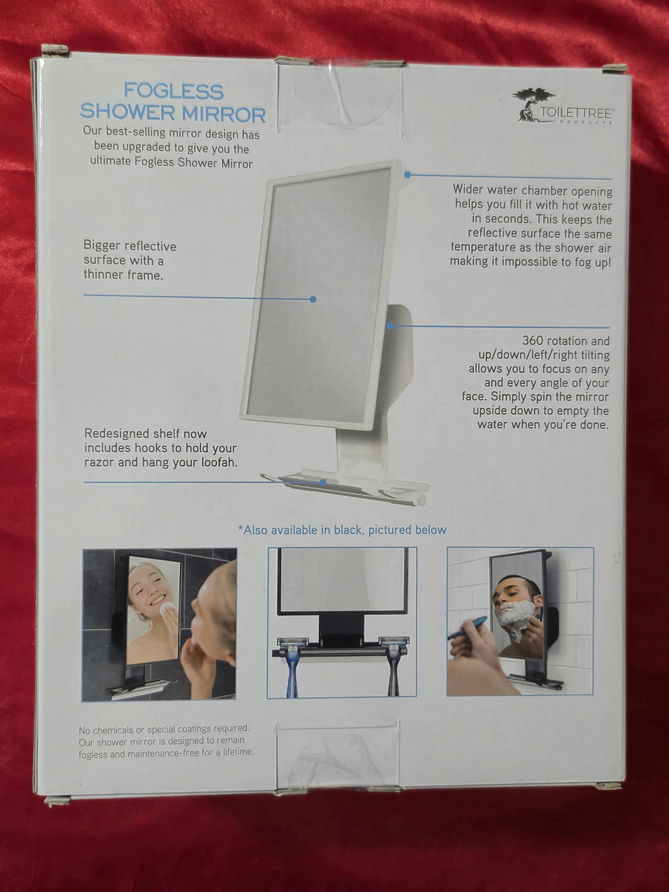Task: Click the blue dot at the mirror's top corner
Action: tap(407, 175)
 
